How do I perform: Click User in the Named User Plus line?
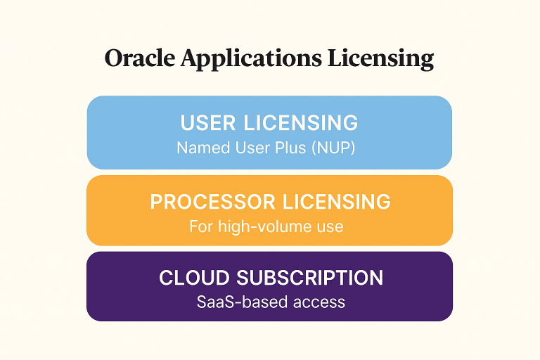[243, 148]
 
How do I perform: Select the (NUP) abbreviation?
[330, 148]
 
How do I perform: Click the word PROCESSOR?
[213, 202]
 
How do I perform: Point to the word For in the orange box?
[200, 227]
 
